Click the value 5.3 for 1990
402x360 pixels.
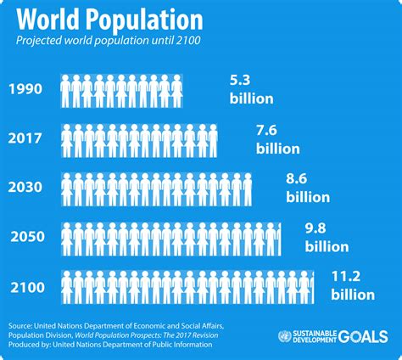240,81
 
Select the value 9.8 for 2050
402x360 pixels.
315,228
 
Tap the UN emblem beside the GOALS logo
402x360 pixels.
285,337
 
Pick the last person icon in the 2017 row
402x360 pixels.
213,138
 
